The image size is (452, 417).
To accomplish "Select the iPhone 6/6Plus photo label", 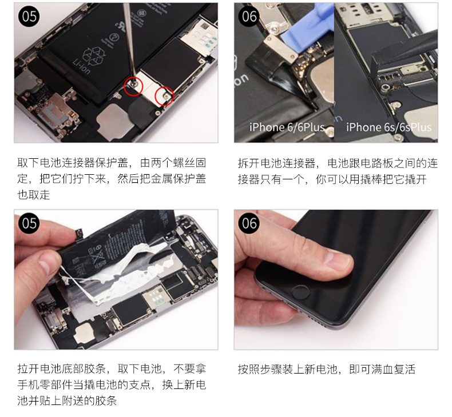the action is pos(287,127).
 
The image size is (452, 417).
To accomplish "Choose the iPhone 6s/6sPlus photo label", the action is pos(388,127).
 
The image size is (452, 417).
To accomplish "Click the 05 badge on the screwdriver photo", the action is pos(29,16).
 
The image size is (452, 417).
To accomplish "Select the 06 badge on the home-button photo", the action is pos(249,223).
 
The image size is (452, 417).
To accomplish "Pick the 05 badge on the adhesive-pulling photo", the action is pos(29,223).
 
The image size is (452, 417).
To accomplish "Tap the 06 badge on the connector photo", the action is pos(249,16).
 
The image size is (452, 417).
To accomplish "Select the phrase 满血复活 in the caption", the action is pos(393,369).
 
